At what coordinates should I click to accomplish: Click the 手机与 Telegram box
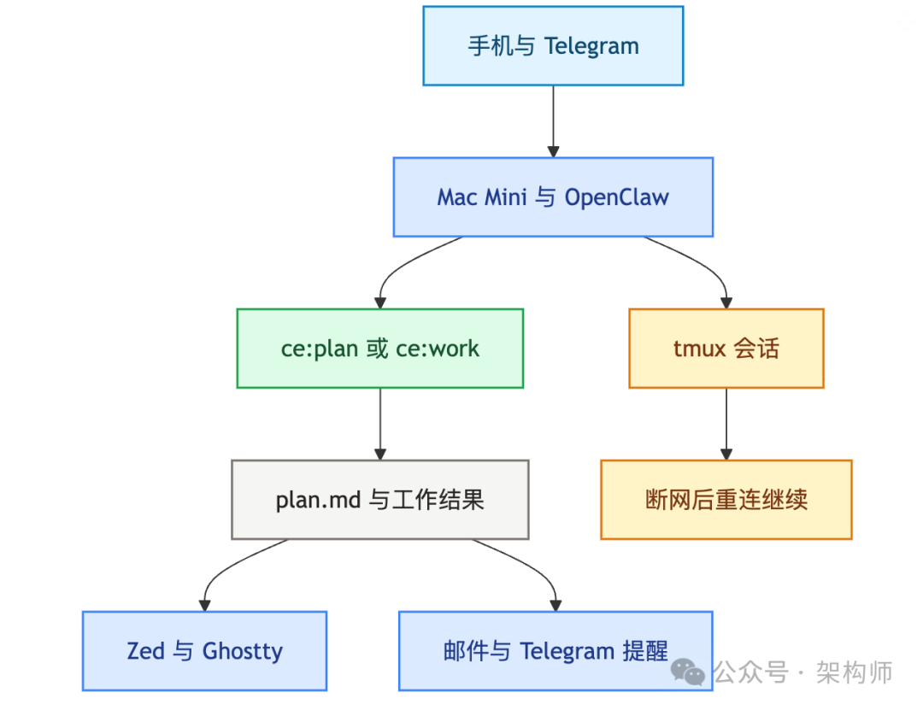553,46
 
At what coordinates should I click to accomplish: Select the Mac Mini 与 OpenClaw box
553,197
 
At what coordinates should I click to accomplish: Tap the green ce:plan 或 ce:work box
379,349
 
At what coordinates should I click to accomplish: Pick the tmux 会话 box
726,349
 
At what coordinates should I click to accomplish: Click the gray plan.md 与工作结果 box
379,500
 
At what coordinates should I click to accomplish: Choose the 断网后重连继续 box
726,500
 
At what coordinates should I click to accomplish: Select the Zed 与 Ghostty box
204,651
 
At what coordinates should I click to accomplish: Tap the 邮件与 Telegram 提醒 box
556,651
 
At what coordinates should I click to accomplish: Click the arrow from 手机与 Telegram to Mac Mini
553,120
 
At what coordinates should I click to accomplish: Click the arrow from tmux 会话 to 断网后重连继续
726,424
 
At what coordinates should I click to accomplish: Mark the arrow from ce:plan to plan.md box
379,424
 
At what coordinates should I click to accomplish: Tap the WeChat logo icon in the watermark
688,672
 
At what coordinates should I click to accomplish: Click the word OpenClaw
616,197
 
